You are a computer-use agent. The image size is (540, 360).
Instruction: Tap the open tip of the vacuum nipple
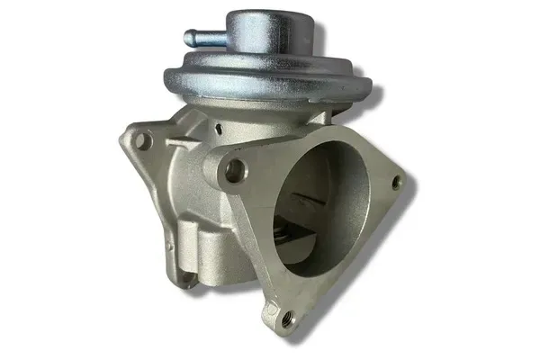pos(188,39)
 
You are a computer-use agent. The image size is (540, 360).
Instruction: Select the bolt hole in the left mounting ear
pos(142,140)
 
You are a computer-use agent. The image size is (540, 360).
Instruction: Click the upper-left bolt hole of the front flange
pos(236,169)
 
